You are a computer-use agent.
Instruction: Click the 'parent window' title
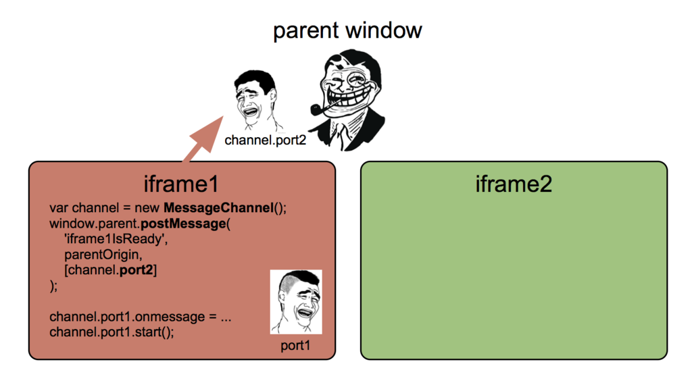tap(347, 30)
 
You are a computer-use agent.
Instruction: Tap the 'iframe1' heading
tap(181, 184)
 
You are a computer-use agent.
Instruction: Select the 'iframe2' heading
tap(514, 184)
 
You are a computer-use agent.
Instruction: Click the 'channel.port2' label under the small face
tap(265, 140)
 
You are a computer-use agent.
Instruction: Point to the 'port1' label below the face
tap(295, 346)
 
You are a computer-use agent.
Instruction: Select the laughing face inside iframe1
tap(296, 302)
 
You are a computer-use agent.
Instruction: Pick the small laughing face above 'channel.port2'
tap(256, 101)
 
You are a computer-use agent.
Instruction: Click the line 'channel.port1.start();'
tap(112, 332)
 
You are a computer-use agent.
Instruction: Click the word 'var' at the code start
tap(59, 207)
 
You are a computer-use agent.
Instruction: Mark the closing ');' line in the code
tap(54, 286)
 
